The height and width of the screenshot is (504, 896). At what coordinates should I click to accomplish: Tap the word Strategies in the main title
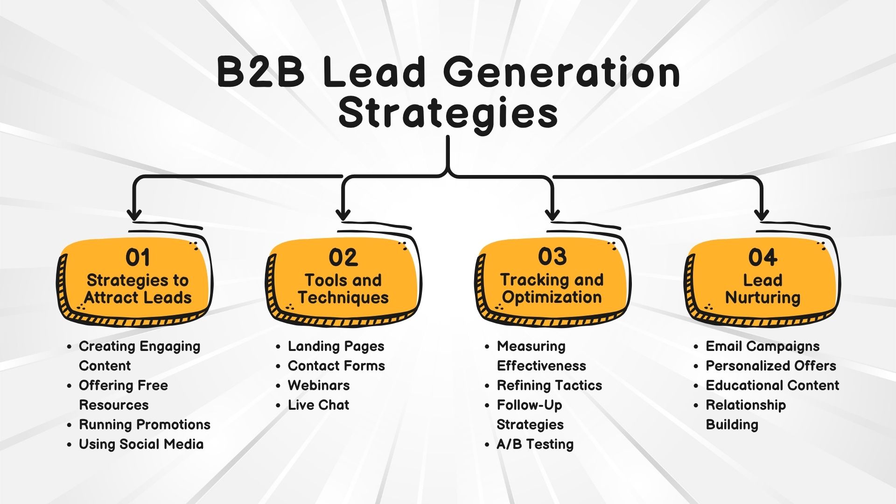pyautogui.click(x=448, y=113)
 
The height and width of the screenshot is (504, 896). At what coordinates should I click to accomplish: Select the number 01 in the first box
pyautogui.click(x=138, y=258)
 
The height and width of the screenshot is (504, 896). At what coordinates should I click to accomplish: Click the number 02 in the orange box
pyautogui.click(x=343, y=258)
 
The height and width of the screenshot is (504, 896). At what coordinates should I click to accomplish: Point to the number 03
pyautogui.click(x=553, y=257)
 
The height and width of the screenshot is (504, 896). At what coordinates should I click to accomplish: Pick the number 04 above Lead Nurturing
pyautogui.click(x=763, y=258)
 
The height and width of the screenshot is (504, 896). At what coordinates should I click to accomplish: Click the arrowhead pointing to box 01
pyautogui.click(x=134, y=215)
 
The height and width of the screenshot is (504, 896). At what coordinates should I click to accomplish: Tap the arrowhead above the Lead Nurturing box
pyautogui.click(x=762, y=215)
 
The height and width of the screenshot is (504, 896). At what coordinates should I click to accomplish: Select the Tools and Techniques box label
pyautogui.click(x=343, y=289)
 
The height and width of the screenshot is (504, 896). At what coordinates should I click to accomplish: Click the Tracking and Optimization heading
pyautogui.click(x=552, y=288)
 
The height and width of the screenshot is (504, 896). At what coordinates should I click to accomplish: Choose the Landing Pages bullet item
pyautogui.click(x=336, y=346)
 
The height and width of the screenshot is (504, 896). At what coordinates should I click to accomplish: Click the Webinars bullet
pyautogui.click(x=319, y=385)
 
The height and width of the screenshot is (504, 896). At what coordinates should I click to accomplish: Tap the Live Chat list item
pyautogui.click(x=318, y=405)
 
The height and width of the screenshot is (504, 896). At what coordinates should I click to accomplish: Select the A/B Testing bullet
pyautogui.click(x=535, y=444)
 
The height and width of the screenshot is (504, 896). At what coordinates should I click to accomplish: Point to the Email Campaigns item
pyautogui.click(x=763, y=346)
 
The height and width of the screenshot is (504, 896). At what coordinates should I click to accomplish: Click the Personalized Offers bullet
pyautogui.click(x=770, y=366)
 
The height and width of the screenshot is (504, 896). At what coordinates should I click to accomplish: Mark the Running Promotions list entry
pyautogui.click(x=145, y=425)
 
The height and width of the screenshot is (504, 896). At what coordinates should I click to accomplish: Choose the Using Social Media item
pyautogui.click(x=141, y=444)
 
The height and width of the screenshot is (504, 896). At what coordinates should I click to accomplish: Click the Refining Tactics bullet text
pyautogui.click(x=549, y=385)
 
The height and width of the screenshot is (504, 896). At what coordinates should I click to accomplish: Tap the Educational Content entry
pyautogui.click(x=772, y=385)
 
